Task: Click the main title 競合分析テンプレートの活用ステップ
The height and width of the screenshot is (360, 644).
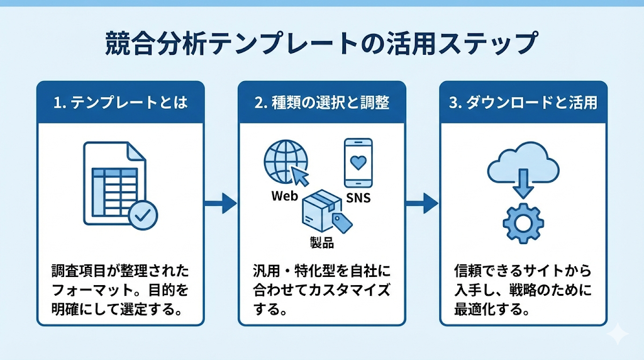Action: pos(322,43)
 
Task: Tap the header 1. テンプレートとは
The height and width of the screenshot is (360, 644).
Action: pos(120,103)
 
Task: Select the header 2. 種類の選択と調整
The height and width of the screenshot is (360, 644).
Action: pos(321,103)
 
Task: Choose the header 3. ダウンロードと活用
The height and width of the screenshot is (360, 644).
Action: pos(523,103)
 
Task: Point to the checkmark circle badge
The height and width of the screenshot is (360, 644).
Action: pos(143,216)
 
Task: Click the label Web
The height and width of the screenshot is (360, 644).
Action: pos(284,196)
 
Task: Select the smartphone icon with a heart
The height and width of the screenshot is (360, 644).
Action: pos(358,162)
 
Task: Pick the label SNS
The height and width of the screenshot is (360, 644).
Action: pos(358,199)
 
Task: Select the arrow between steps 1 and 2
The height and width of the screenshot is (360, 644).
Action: pos(221,203)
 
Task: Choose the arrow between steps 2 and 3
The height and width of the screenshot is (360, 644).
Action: pos(422,203)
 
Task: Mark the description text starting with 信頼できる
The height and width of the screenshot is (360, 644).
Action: pos(523,291)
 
